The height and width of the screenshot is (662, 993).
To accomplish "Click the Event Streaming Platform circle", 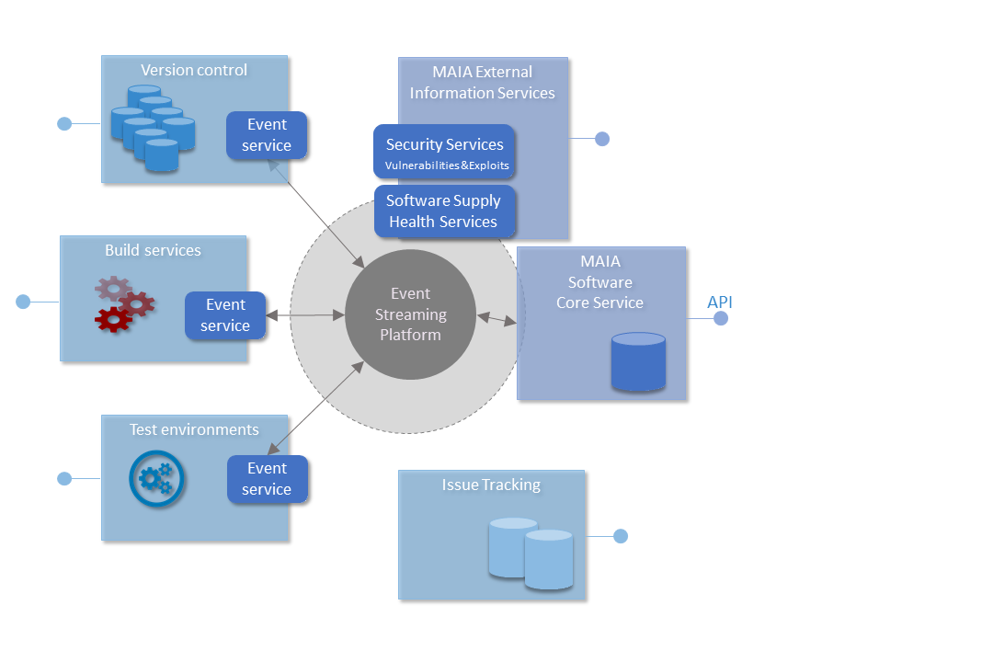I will click(x=410, y=314).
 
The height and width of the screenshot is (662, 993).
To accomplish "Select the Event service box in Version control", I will click(x=267, y=135).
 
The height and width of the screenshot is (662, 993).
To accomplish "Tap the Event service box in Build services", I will click(x=225, y=315).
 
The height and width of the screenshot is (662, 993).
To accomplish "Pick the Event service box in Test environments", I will click(x=267, y=479).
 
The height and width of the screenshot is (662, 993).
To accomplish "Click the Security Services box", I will click(x=444, y=154).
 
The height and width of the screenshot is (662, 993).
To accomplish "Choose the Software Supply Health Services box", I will click(x=444, y=211).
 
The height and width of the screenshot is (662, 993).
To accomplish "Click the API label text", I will click(x=719, y=302).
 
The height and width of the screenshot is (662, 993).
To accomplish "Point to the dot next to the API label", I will click(x=721, y=318).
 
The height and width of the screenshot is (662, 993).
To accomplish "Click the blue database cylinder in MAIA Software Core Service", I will click(x=638, y=361).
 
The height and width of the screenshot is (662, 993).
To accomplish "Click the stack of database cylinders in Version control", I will click(x=153, y=128).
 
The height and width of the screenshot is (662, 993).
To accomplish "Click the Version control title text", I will click(x=194, y=70).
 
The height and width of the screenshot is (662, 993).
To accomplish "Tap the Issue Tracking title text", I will click(x=491, y=485).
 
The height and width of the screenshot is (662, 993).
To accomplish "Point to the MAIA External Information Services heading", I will click(x=483, y=82).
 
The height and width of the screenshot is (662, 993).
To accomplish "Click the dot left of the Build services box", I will click(x=23, y=302).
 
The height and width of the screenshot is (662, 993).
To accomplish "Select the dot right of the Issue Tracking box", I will click(x=621, y=536).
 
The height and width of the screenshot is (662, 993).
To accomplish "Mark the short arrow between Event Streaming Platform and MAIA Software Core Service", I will click(x=496, y=319).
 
